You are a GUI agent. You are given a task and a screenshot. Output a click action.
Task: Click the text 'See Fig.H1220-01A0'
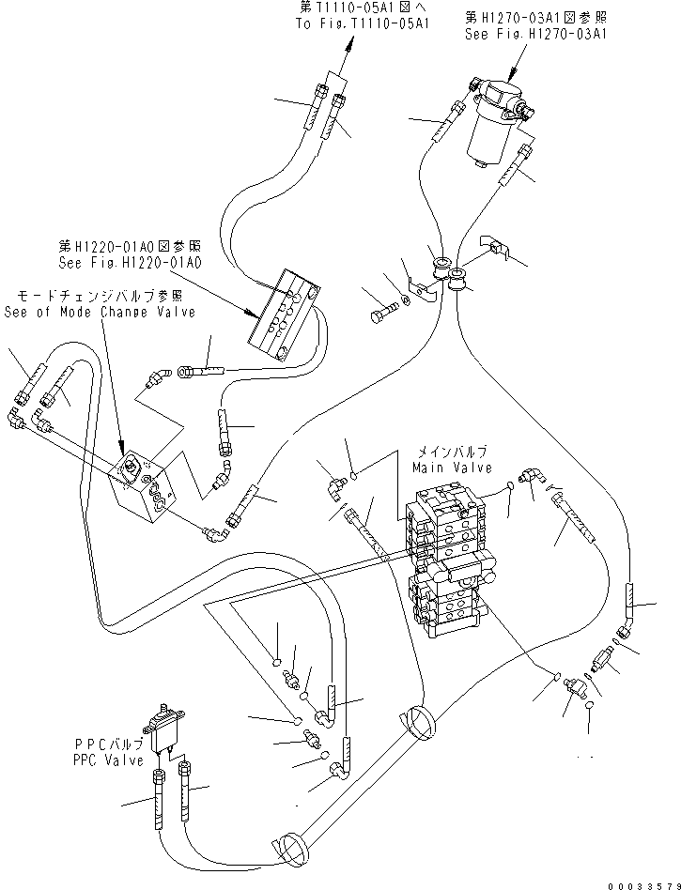point(128,264)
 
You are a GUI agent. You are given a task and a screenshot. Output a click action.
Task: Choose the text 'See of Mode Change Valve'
point(100,312)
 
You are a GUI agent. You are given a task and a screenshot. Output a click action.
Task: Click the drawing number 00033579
point(642,882)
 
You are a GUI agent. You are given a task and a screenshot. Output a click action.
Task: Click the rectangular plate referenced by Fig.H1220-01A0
point(286,314)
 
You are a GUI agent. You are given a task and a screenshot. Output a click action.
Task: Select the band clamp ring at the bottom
point(291,848)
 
